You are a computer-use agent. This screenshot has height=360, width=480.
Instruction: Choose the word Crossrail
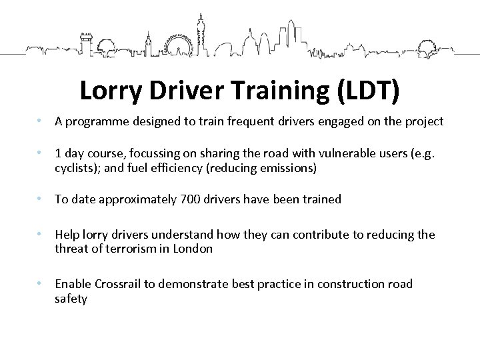pos(115,285)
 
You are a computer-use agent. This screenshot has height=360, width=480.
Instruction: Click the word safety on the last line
pos(71,299)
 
